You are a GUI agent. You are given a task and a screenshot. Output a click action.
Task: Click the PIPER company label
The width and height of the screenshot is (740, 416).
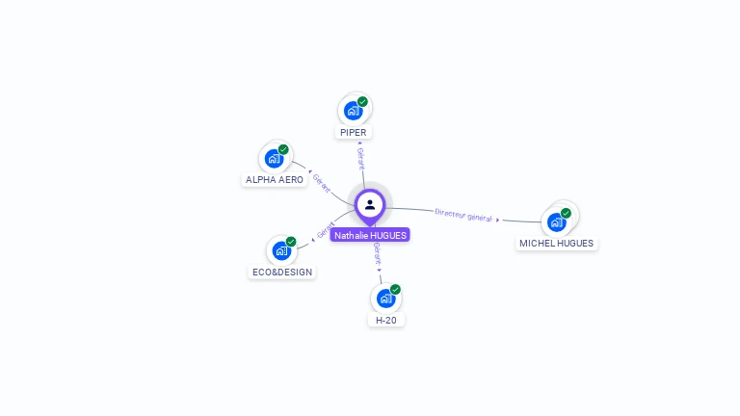[353, 132]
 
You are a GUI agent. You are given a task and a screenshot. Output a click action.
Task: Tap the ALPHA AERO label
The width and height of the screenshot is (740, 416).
[275, 179]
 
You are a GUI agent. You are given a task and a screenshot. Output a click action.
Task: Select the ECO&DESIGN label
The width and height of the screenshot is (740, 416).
[282, 272]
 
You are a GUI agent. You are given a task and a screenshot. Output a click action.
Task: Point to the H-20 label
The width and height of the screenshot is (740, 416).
[385, 320]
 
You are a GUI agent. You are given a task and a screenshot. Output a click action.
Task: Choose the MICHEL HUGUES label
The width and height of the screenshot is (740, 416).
[556, 243]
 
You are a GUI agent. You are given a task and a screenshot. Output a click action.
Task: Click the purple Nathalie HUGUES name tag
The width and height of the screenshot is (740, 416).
[370, 235]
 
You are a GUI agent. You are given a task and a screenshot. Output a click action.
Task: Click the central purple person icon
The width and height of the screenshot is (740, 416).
[370, 204]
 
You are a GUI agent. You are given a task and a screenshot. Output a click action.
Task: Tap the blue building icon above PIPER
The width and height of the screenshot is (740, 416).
[354, 110]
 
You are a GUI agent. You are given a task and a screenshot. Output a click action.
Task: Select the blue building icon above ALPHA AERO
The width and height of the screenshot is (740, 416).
[275, 158]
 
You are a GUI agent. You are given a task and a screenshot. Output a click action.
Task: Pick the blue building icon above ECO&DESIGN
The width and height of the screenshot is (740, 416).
[281, 250]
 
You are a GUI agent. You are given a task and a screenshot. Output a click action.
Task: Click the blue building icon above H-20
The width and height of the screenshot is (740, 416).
[385, 298]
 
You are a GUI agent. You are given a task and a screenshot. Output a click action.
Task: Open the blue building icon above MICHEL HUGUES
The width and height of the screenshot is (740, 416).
[556, 221]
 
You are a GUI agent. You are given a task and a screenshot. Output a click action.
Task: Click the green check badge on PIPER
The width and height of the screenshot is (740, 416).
[362, 101]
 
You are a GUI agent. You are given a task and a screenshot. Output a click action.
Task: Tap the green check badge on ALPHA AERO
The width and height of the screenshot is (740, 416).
[283, 149]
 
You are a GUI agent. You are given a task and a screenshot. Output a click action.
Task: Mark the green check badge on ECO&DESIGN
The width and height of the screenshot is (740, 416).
[290, 242]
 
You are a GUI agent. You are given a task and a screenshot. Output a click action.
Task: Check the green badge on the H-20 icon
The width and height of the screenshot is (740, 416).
[395, 289]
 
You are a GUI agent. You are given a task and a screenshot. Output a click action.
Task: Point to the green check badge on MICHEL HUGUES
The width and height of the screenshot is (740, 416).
[566, 213]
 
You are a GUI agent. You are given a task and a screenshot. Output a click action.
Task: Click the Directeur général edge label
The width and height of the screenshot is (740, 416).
[463, 215]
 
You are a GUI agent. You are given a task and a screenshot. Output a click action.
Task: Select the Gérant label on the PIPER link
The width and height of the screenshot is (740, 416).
[361, 158]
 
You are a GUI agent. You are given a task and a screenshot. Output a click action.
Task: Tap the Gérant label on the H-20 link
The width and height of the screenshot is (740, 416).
[378, 252]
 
